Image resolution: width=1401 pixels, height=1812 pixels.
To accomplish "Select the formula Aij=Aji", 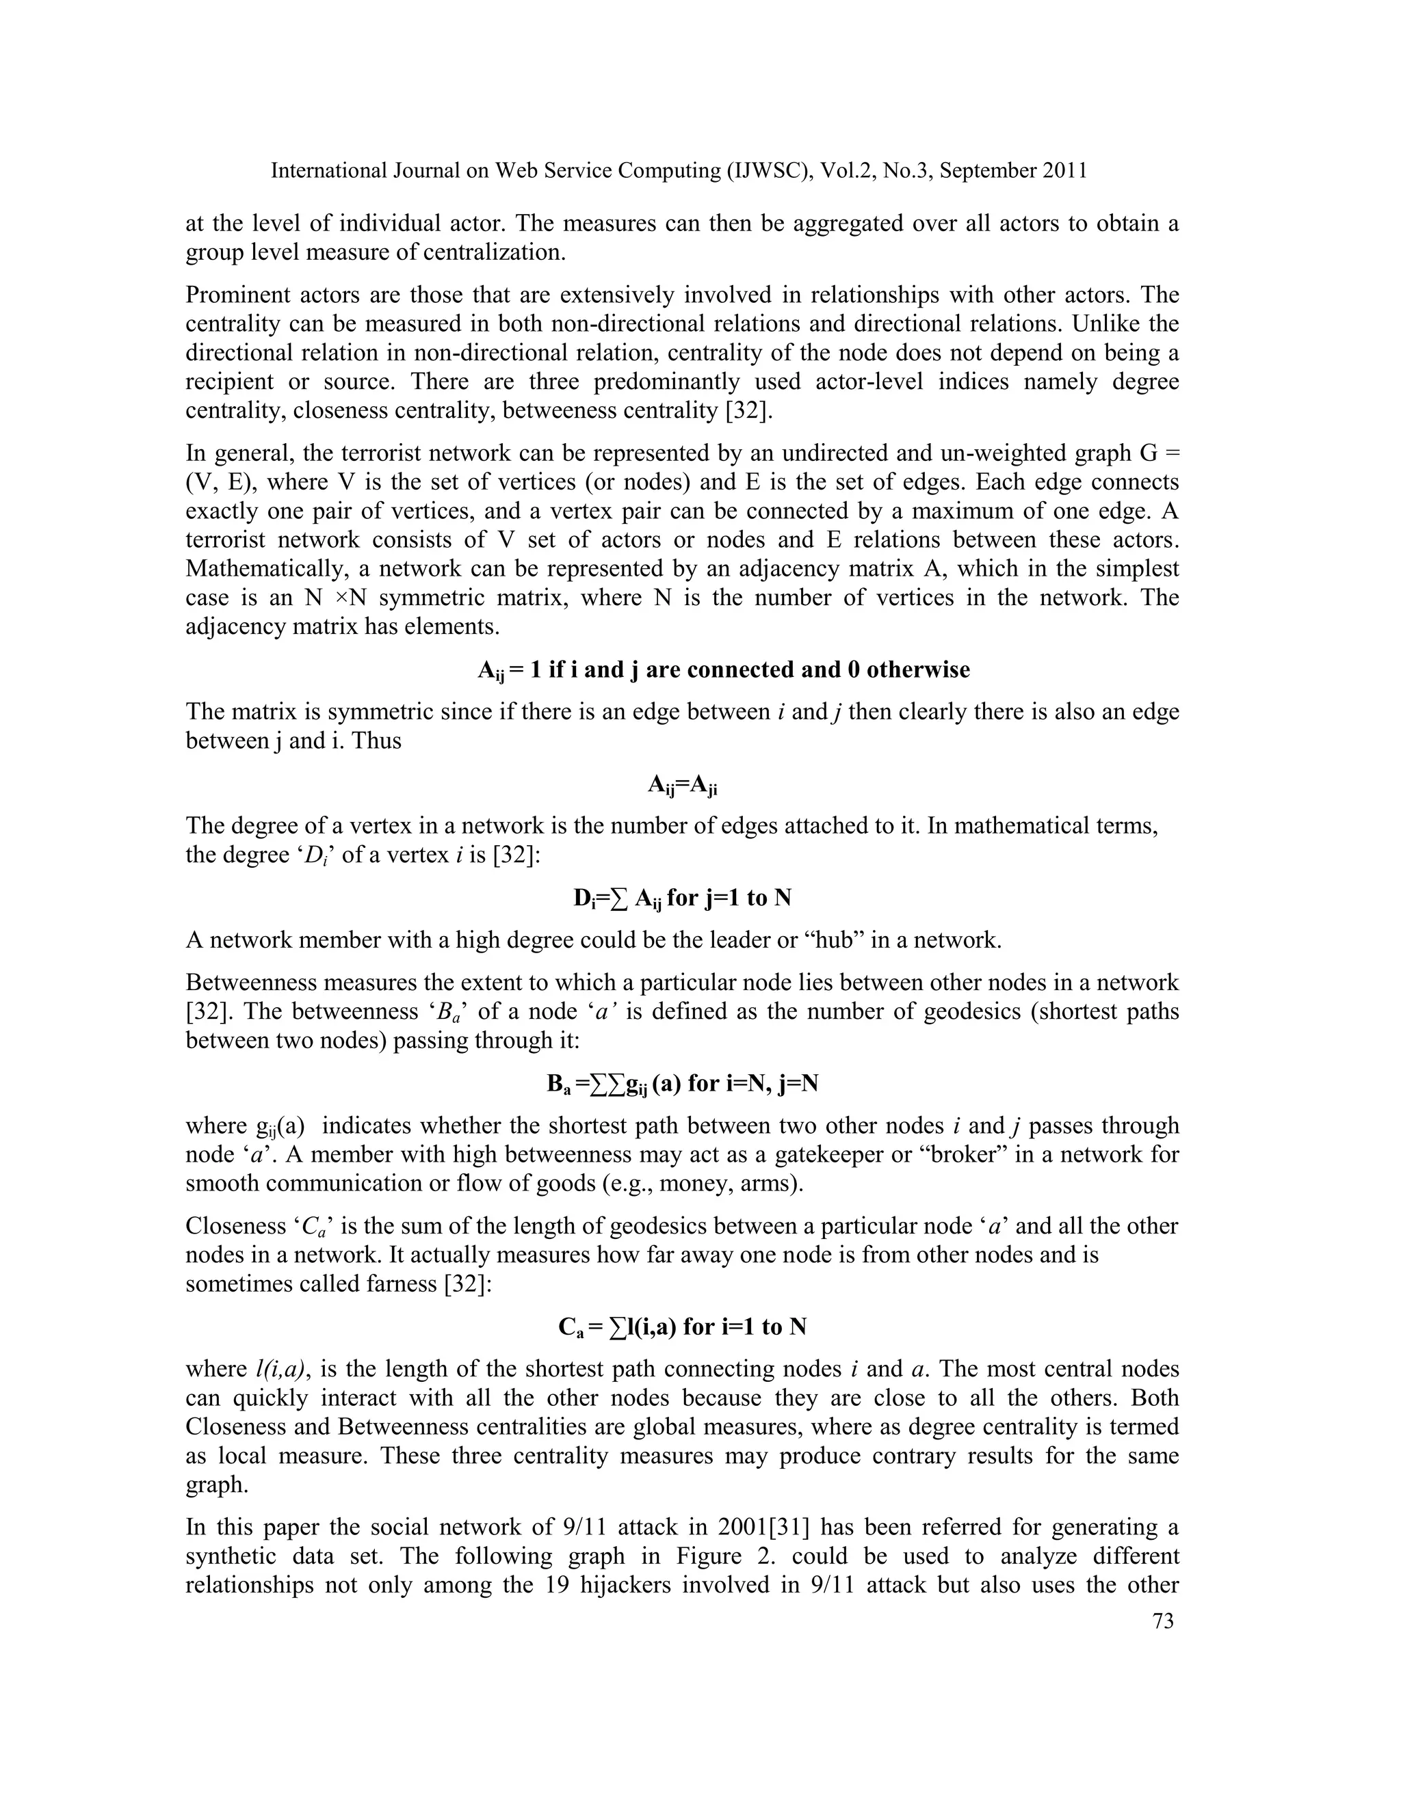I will (x=682, y=785).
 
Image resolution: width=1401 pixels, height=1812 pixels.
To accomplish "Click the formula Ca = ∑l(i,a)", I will (x=682, y=1327).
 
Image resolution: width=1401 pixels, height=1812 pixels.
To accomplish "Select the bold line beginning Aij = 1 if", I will (x=723, y=669).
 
